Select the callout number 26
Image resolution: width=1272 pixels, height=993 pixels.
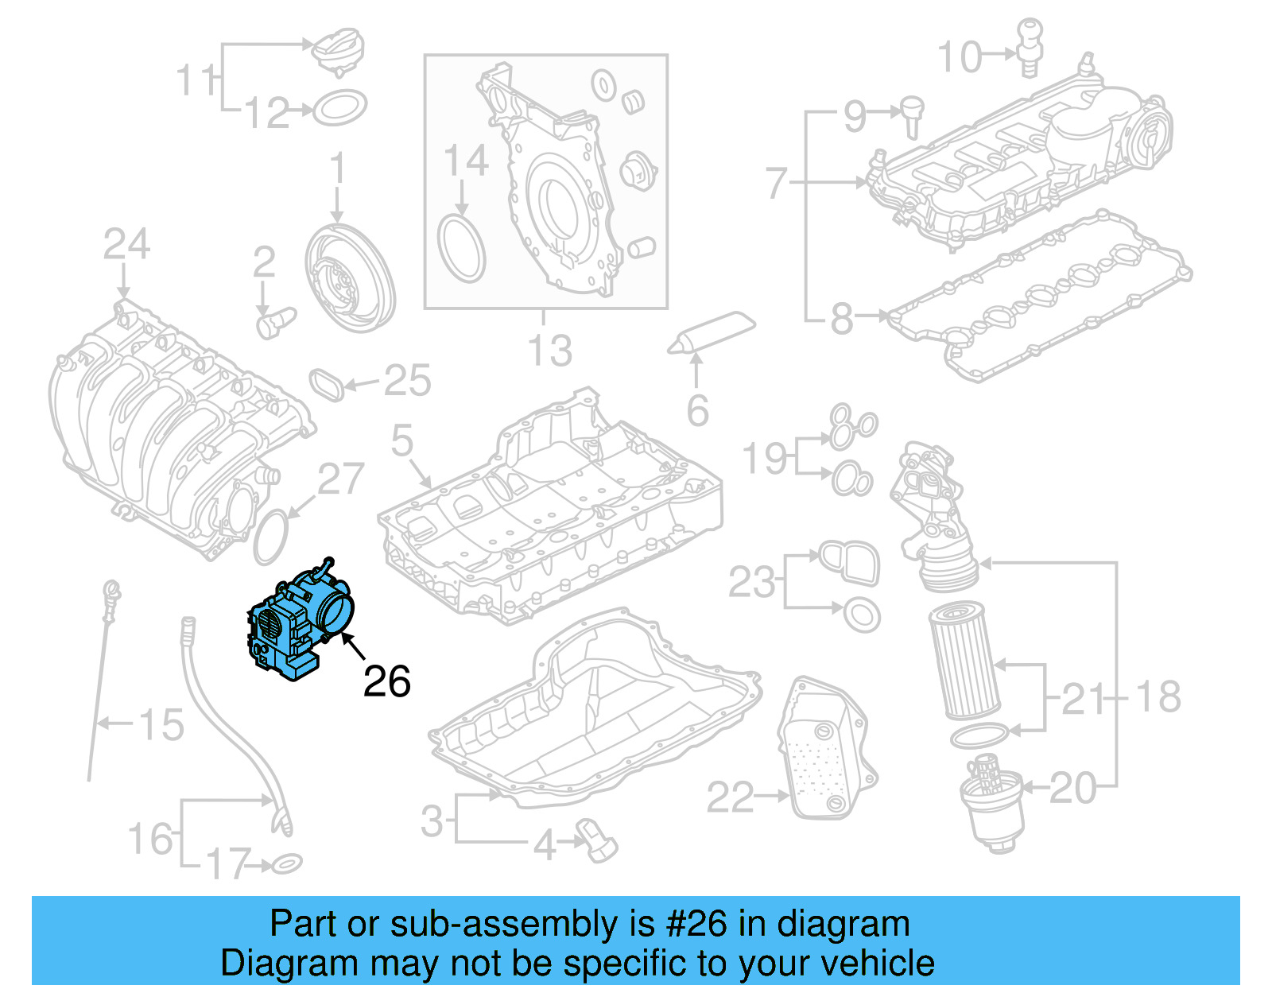pos(386,681)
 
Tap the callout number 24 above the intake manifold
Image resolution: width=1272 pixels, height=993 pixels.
pos(126,244)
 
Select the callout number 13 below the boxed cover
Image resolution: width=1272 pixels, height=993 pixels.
pos(550,351)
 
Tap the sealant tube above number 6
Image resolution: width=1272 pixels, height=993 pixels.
pos(712,332)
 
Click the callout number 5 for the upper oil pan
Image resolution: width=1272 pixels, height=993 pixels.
pos(402,440)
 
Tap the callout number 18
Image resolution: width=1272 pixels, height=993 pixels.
pos(1158,696)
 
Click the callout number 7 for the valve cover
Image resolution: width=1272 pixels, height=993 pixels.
pos(777,182)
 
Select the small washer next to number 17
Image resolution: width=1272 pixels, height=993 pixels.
pos(286,863)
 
